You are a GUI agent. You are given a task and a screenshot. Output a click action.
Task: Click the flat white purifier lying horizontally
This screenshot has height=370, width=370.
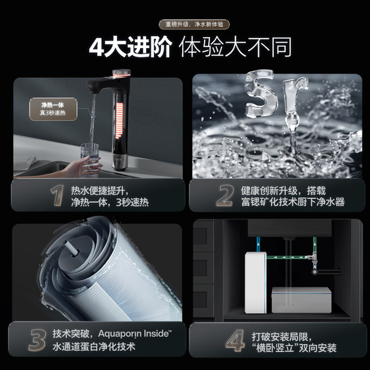point(301,299)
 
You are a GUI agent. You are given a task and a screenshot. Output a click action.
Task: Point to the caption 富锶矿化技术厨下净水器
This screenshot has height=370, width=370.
point(293,202)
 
